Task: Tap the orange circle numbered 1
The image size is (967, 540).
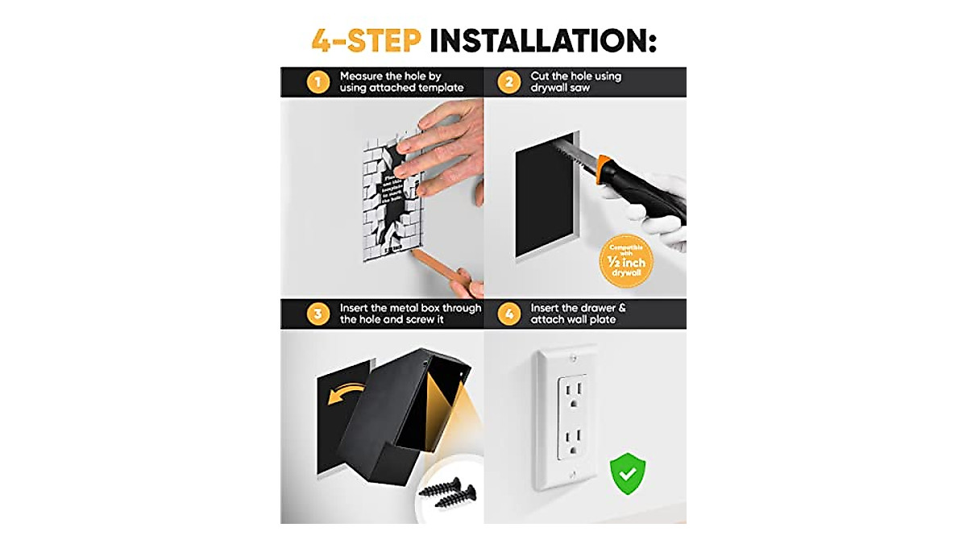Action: click(x=318, y=81)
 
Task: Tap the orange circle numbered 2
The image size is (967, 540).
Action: click(x=508, y=81)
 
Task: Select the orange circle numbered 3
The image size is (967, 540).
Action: click(x=318, y=314)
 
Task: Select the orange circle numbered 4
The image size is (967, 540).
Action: click(x=508, y=314)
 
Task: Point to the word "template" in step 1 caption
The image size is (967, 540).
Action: click(x=438, y=88)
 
